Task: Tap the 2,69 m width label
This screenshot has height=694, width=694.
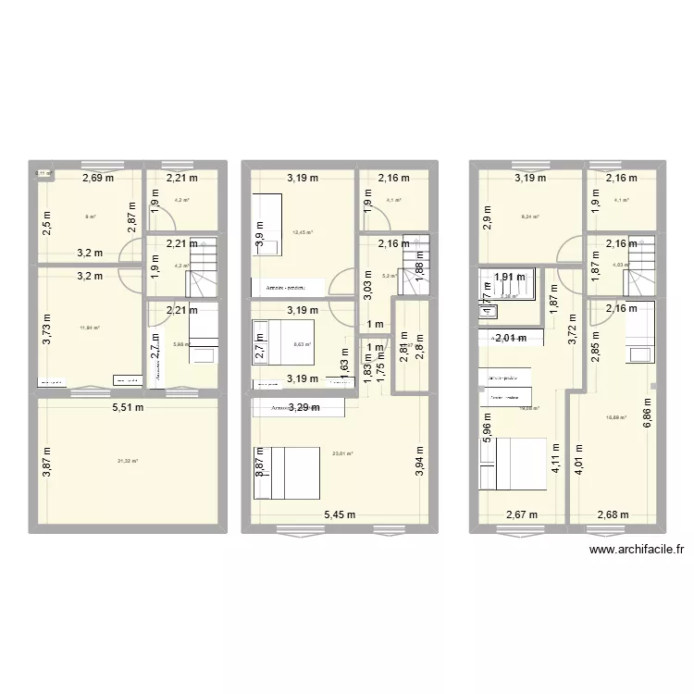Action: [x=96, y=179]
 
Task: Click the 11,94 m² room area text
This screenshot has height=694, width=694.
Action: [x=90, y=328]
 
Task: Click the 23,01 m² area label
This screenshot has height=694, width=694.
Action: [x=342, y=453]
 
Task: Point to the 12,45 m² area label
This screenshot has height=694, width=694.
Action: [x=303, y=233]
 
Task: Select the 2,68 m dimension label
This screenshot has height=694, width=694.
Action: [x=613, y=514]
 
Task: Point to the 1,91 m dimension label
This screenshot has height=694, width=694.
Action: [x=510, y=276]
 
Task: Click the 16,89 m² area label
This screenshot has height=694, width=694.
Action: [x=616, y=417]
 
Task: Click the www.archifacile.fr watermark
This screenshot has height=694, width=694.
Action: [x=636, y=549]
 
